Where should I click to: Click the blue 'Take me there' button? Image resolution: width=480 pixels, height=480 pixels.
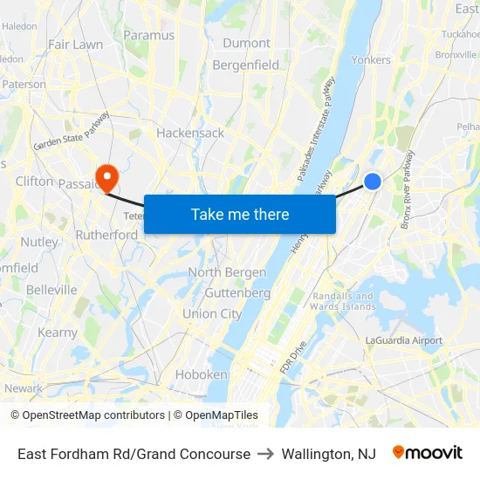click(240, 214)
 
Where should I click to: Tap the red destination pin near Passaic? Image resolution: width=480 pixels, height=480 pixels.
click(107, 178)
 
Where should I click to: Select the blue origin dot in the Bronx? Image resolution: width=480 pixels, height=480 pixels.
click(373, 181)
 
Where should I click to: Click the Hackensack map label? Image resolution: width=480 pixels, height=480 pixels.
click(190, 133)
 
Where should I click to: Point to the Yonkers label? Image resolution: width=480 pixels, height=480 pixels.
click(372, 60)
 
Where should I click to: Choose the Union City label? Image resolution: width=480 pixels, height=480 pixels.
click(212, 313)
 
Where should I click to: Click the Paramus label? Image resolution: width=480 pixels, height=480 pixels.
click(148, 36)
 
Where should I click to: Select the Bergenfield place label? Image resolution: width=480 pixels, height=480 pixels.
click(246, 65)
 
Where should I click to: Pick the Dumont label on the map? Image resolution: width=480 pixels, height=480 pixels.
click(246, 43)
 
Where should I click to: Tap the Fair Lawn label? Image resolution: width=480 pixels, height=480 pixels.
click(75, 44)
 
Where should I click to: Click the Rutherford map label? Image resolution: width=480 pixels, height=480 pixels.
click(106, 235)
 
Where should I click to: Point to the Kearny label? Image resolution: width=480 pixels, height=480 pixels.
click(58, 333)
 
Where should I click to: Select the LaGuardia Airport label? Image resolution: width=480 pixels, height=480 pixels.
click(403, 340)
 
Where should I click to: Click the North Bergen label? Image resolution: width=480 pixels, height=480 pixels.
click(227, 272)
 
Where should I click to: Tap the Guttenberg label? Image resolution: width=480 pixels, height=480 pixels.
click(237, 292)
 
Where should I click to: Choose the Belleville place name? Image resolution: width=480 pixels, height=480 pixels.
click(51, 289)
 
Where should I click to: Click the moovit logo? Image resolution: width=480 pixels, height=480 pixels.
click(428, 454)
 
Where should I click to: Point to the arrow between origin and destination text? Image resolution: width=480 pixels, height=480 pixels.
click(265, 454)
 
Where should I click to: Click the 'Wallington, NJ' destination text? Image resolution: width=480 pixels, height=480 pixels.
click(328, 454)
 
